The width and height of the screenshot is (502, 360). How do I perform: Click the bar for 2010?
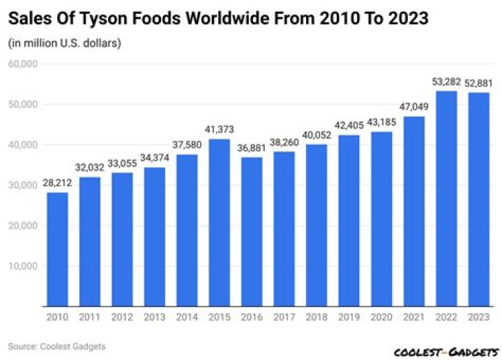(58, 249)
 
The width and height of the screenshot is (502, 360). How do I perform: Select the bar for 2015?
(220, 223)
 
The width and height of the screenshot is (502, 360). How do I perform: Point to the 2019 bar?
(349, 220)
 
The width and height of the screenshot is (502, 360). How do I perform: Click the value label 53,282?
(446, 82)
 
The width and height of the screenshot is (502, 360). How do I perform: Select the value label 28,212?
(58, 183)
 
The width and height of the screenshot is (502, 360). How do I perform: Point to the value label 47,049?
(414, 107)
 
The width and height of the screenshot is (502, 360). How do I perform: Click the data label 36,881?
(252, 149)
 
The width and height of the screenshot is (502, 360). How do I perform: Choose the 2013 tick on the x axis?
(155, 317)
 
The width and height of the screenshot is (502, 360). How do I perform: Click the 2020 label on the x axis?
(381, 317)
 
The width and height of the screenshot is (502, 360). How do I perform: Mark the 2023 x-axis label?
(478, 317)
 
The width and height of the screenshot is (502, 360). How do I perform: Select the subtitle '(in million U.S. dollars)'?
(65, 44)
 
